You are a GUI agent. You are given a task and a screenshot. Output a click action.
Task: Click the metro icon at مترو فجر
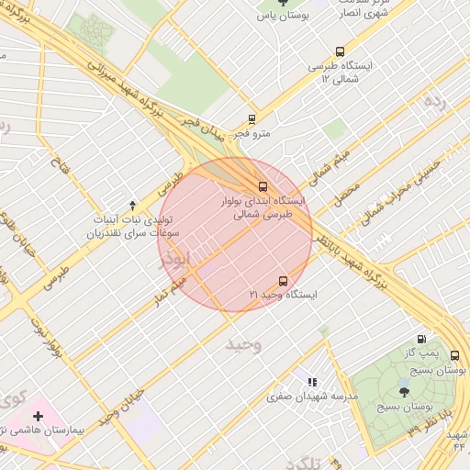(252, 119)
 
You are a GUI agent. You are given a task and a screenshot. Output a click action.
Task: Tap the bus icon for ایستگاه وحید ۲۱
(283, 281)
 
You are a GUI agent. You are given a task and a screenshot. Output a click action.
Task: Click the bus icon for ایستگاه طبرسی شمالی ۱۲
(341, 52)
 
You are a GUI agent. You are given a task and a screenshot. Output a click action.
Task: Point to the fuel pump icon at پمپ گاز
(421, 339)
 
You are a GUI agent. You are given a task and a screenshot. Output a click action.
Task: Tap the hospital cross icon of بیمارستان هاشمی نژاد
(38, 417)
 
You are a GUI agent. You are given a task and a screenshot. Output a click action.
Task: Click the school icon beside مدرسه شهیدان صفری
(312, 382)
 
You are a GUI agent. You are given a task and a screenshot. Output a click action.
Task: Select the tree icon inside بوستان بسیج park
(405, 392)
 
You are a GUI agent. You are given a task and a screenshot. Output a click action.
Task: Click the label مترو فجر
(251, 135)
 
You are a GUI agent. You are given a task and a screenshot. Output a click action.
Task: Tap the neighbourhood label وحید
(243, 345)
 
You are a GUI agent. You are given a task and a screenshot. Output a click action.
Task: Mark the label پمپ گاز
(420, 353)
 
